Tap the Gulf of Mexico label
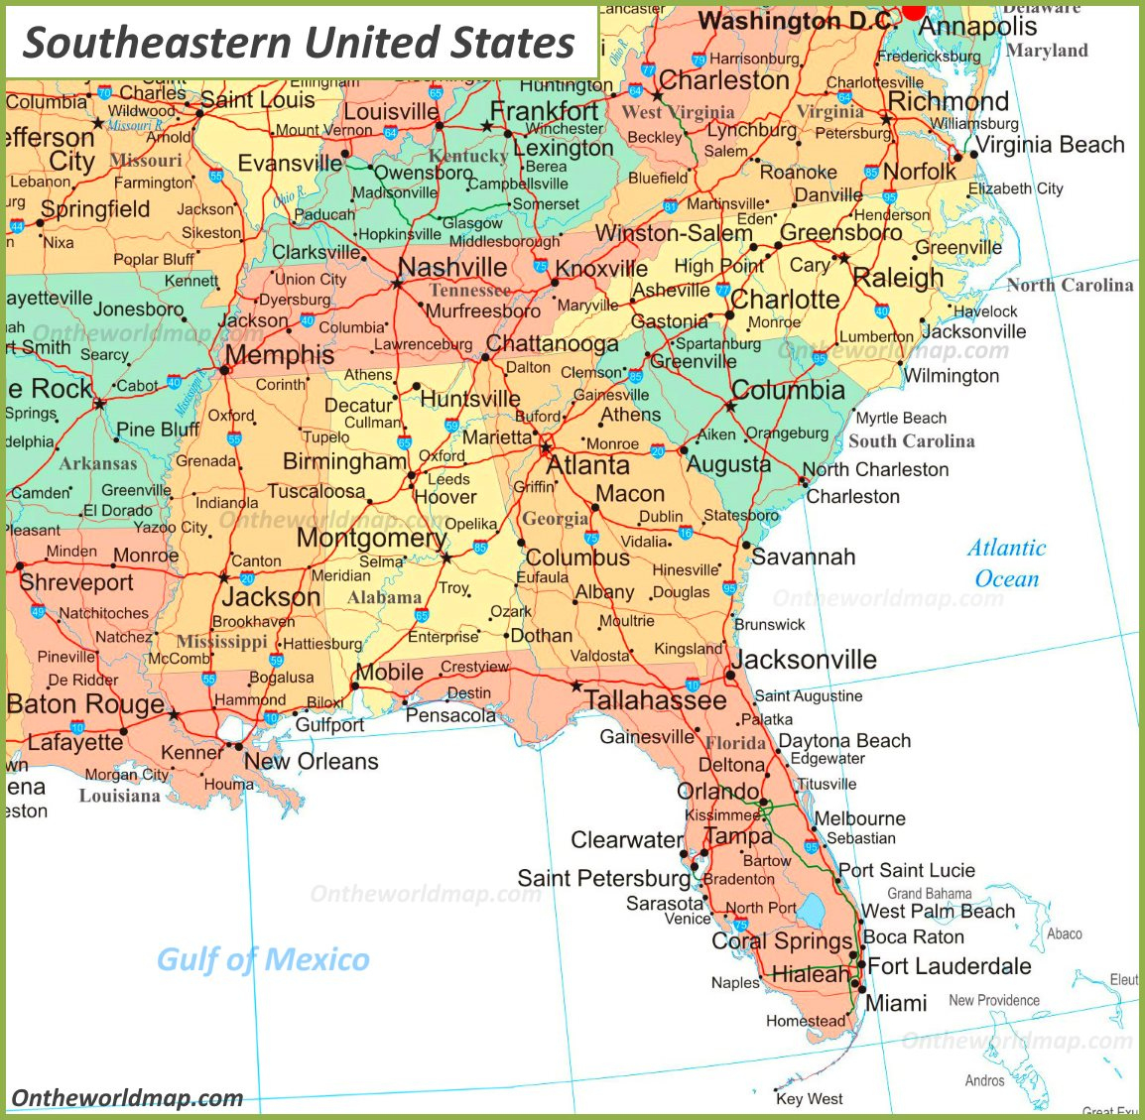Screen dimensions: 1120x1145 point(263,959)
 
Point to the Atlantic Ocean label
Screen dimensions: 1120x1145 point(1006,562)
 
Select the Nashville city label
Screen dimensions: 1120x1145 point(452,267)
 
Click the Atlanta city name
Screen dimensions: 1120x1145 point(588,465)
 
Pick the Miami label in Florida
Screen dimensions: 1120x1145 point(896,1003)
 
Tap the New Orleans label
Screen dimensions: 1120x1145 point(311,762)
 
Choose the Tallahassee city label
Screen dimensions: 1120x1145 point(655,700)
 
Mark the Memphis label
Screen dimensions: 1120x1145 point(280,355)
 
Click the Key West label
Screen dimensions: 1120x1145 point(810,1098)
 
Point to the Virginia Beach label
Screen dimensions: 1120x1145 point(1051,145)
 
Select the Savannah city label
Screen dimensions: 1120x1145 point(803,557)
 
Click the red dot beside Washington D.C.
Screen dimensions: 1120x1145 point(913,9)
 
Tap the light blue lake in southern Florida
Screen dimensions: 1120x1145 point(814,910)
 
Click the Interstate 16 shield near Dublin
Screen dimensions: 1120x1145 point(686,533)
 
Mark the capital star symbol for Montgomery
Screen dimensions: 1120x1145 point(446,559)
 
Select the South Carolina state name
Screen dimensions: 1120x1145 point(911,441)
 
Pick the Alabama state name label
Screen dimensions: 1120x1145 point(384,597)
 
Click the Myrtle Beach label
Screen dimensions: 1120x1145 point(901,418)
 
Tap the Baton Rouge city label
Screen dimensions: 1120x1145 point(85,704)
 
